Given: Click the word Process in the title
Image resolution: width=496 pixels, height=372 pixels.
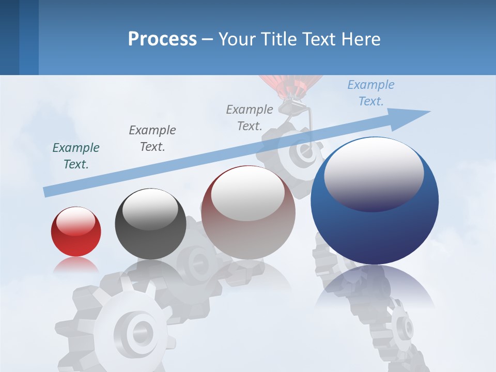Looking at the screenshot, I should [x=162, y=39].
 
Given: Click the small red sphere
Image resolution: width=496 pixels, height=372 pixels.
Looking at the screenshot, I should [x=76, y=231].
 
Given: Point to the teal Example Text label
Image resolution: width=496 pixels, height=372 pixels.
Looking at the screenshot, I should [x=76, y=156].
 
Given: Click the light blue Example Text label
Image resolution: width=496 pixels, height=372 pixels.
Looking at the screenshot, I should [x=371, y=93].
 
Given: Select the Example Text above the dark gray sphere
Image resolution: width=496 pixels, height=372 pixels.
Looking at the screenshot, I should [x=152, y=138].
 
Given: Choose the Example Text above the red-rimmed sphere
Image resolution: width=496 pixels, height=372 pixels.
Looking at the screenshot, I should [x=250, y=118].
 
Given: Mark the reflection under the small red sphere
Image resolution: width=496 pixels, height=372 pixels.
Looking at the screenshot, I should [x=76, y=265].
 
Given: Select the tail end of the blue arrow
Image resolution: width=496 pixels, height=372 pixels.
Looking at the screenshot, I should [x=48, y=191].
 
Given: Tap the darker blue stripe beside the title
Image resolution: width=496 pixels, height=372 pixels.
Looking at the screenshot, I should [x=28, y=37].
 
